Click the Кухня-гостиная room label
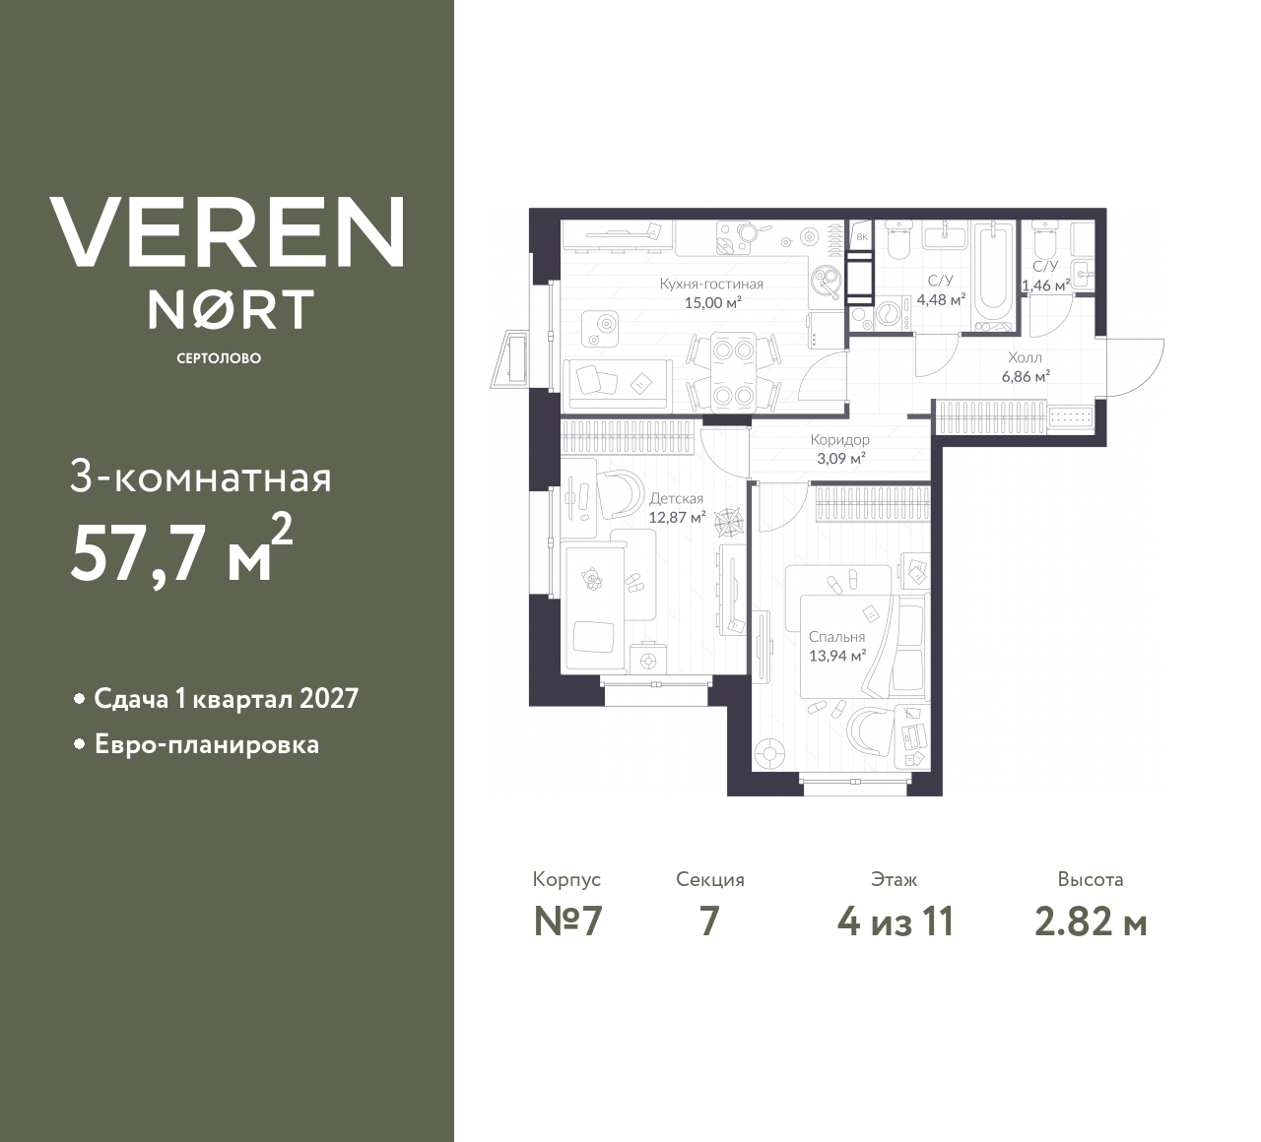click(711, 284)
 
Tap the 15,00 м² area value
click(713, 303)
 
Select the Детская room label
click(676, 499)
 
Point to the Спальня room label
click(836, 637)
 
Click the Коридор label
click(839, 440)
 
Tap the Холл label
click(1025, 357)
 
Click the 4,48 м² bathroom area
click(941, 299)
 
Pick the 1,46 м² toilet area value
click(1045, 285)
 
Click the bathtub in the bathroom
click(993, 275)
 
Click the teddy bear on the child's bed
click(590, 578)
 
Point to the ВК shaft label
click(862, 237)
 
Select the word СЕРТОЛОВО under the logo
click(219, 358)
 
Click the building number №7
click(567, 922)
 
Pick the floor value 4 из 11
click(896, 922)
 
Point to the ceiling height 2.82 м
click(1091, 922)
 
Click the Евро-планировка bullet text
click(207, 745)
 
